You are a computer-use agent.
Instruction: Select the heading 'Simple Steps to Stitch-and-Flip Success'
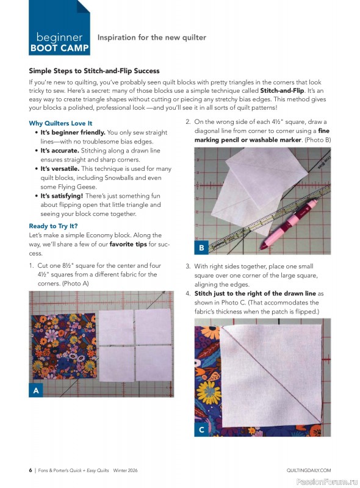(94, 71)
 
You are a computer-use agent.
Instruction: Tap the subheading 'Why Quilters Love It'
(60, 123)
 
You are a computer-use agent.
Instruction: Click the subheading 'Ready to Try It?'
(54, 226)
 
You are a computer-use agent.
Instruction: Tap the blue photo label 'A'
(36, 390)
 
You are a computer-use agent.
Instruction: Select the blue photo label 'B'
(201, 247)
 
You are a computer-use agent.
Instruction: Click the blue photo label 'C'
(201, 429)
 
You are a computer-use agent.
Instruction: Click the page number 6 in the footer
(30, 470)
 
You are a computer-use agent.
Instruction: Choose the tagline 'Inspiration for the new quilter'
(152, 38)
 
